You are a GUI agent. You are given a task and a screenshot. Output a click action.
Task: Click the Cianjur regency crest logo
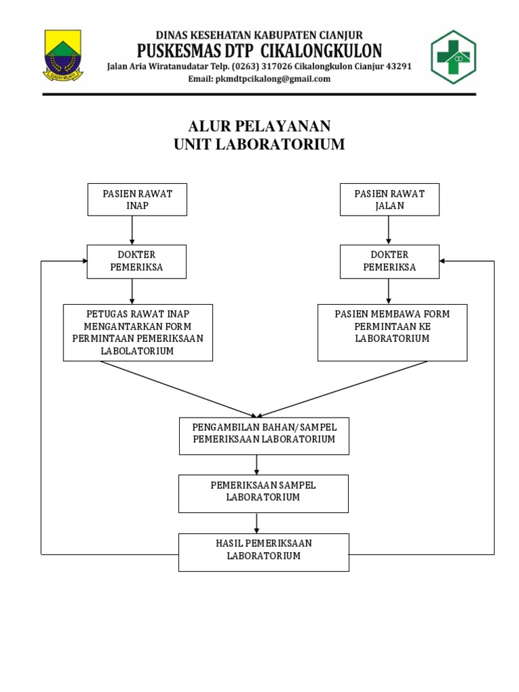click(x=63, y=55)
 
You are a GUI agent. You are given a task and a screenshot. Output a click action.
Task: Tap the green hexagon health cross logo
click(x=453, y=57)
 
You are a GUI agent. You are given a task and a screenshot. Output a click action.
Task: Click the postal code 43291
click(x=397, y=67)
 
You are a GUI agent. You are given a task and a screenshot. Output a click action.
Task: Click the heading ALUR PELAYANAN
click(x=259, y=126)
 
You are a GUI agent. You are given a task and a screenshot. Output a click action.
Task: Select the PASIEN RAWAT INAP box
click(x=137, y=199)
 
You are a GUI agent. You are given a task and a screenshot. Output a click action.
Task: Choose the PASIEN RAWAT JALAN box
click(x=389, y=199)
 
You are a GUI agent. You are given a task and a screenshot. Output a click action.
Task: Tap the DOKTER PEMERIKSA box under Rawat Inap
click(x=137, y=261)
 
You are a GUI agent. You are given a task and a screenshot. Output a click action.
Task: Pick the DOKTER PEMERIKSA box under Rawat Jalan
click(x=389, y=261)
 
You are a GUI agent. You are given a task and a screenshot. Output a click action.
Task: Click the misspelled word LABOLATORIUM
click(x=137, y=351)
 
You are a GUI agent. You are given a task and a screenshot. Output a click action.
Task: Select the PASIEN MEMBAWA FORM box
click(x=392, y=332)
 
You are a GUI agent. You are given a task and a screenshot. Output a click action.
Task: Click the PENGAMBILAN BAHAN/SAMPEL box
click(x=264, y=435)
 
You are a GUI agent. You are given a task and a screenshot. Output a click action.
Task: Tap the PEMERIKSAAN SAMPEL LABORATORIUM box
click(x=264, y=493)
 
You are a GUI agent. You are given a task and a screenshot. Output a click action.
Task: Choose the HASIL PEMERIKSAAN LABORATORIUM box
click(x=264, y=551)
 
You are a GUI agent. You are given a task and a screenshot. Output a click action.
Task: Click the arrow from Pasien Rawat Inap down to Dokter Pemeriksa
click(x=132, y=230)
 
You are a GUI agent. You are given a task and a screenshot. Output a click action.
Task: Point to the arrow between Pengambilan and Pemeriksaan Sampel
click(x=257, y=464)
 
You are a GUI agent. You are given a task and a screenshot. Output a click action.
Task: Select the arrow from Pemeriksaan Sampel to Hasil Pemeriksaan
click(x=257, y=522)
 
